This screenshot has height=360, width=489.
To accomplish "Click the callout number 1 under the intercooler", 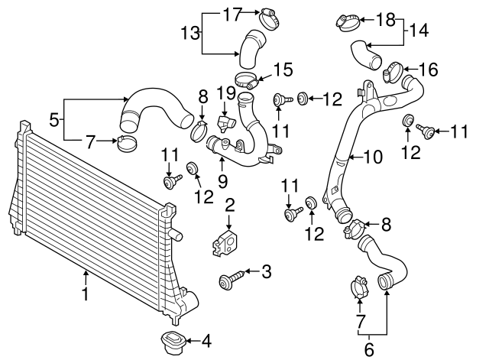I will click(x=86, y=294).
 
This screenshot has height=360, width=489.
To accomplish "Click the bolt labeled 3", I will click(x=233, y=280).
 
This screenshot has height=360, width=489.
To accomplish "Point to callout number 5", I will click(x=53, y=120).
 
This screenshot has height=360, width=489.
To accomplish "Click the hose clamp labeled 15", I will click(x=246, y=77).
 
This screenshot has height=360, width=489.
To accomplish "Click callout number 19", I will click(x=225, y=94).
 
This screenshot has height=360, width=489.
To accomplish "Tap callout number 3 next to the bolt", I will click(x=267, y=271).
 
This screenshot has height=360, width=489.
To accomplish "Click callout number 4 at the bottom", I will click(x=206, y=341).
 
